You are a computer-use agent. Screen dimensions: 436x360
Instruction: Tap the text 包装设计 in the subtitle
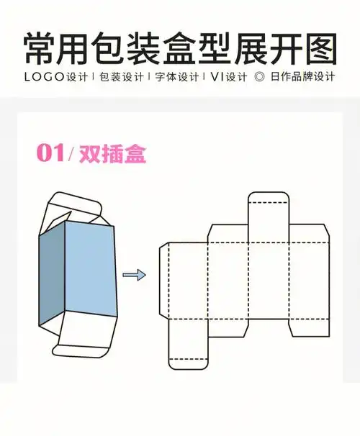tap(117, 76)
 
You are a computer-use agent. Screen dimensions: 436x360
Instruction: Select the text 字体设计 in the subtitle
tap(176, 76)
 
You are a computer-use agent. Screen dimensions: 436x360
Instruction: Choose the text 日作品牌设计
tap(308, 76)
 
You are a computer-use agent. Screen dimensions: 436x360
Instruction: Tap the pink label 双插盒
tap(111, 154)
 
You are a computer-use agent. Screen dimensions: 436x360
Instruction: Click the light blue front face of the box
tap(90, 270)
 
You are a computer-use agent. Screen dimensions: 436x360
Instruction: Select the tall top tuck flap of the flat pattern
tap(269, 216)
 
